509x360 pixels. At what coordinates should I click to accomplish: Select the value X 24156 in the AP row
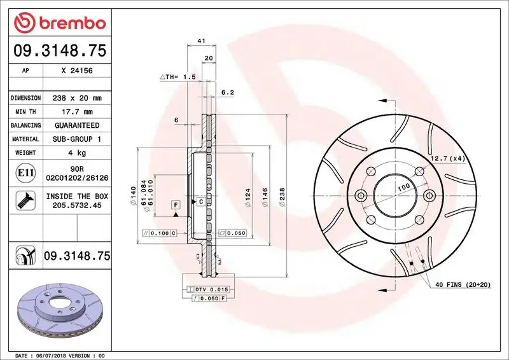coord(76,71)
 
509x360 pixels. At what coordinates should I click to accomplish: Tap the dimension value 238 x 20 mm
coord(76,98)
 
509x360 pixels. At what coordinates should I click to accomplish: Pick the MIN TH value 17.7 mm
coord(76,112)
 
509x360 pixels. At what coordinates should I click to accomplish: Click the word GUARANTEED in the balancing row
coord(76,125)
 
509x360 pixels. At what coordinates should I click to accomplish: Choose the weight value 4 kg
coord(76,153)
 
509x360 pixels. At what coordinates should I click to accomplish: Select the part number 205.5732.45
coord(76,205)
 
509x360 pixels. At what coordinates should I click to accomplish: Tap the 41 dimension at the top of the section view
coord(201,41)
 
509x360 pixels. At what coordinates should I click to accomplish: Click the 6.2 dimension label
coord(228,92)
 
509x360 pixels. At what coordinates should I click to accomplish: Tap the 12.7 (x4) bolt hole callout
coord(447,158)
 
